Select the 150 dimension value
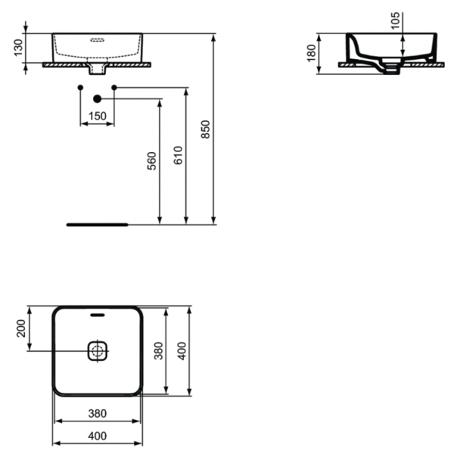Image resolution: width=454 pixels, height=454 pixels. [x=97, y=116]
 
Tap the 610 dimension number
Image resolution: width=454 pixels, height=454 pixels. [x=178, y=154]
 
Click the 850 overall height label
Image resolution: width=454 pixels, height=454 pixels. [x=205, y=129]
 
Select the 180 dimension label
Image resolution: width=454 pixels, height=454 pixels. [x=311, y=53]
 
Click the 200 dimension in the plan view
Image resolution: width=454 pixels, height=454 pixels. [x=21, y=328]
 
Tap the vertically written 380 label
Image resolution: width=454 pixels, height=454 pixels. [x=159, y=350]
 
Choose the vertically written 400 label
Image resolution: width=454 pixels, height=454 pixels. [x=181, y=350]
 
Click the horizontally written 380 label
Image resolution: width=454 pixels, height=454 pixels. [x=96, y=414]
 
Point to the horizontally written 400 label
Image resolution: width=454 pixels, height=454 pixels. [x=96, y=436]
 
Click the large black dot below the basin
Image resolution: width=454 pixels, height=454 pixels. [x=97, y=99]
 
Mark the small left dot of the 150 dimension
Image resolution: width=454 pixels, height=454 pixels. [x=80, y=89]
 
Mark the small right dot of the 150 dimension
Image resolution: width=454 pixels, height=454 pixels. [x=113, y=89]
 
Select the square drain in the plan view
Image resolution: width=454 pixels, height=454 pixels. [x=97, y=350]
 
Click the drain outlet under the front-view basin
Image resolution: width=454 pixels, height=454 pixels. [x=97, y=70]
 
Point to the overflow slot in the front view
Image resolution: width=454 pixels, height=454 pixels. [x=97, y=41]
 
